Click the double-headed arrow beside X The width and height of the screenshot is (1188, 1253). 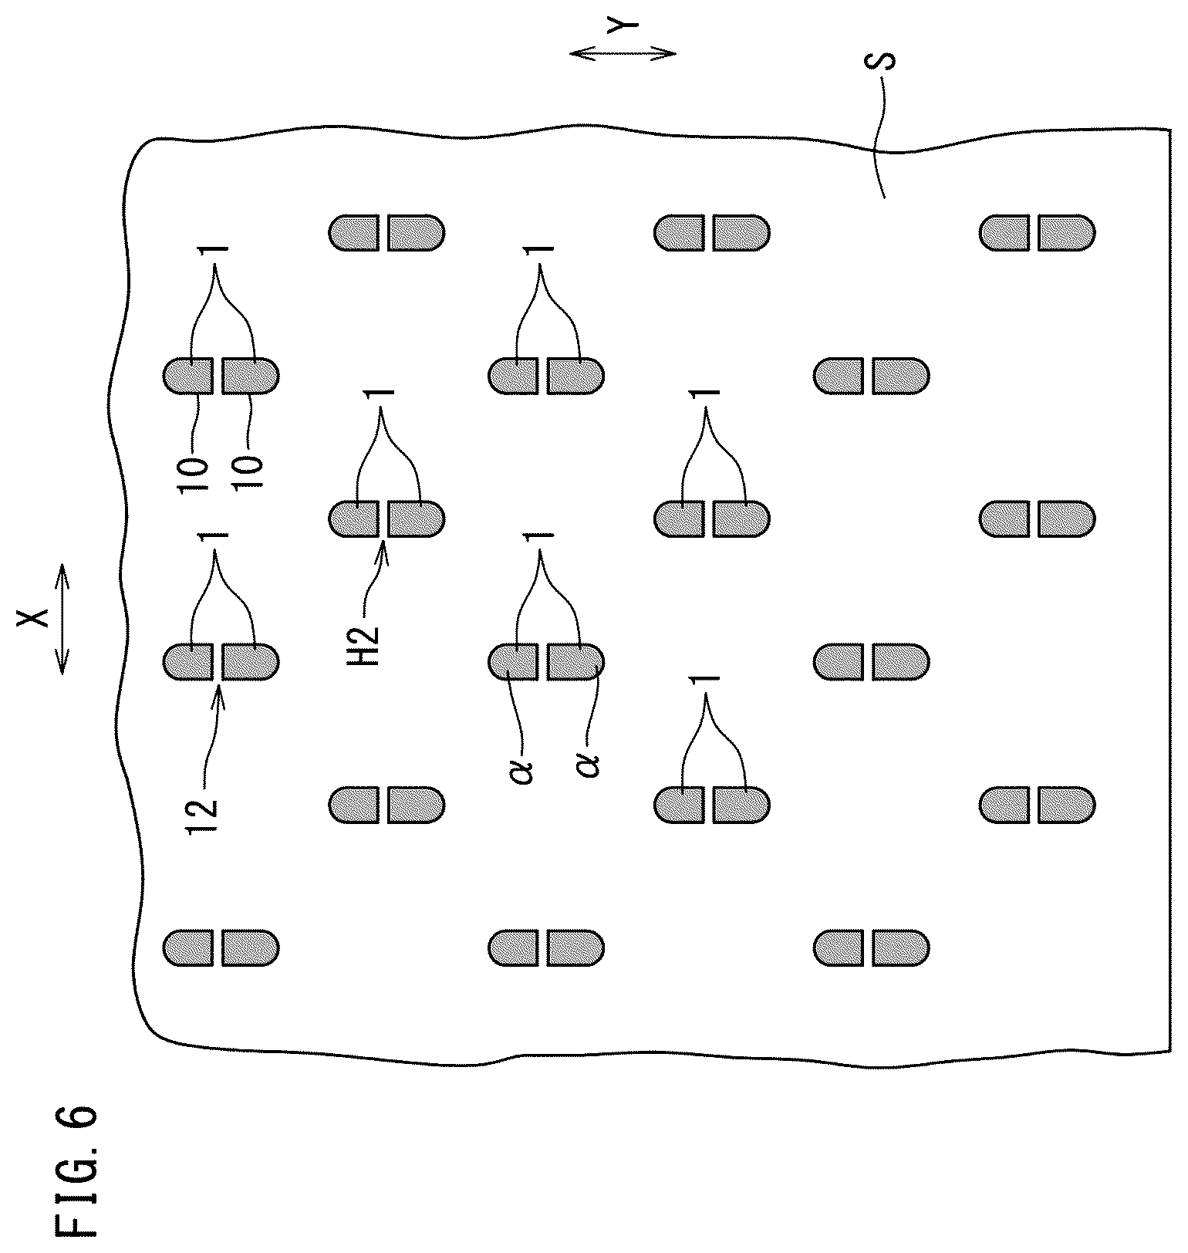[62, 617]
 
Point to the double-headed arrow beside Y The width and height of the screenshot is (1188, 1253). [623, 53]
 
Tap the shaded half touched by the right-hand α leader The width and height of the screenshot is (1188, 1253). [575, 661]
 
